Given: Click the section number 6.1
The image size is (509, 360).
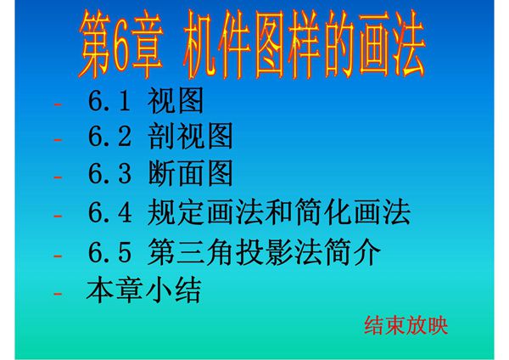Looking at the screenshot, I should pos(109,104).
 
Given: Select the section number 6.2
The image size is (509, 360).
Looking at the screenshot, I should pos(109,138).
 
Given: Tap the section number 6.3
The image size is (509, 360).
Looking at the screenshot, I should pos(109,175).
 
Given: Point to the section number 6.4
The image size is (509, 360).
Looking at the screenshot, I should pos(109,212).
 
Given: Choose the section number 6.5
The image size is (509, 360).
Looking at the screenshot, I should pos(109,252).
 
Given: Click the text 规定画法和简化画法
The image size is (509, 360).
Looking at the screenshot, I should pos(279,212).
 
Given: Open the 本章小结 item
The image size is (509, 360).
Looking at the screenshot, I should pos(143,292).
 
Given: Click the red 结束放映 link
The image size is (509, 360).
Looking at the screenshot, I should pos(406,325).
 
